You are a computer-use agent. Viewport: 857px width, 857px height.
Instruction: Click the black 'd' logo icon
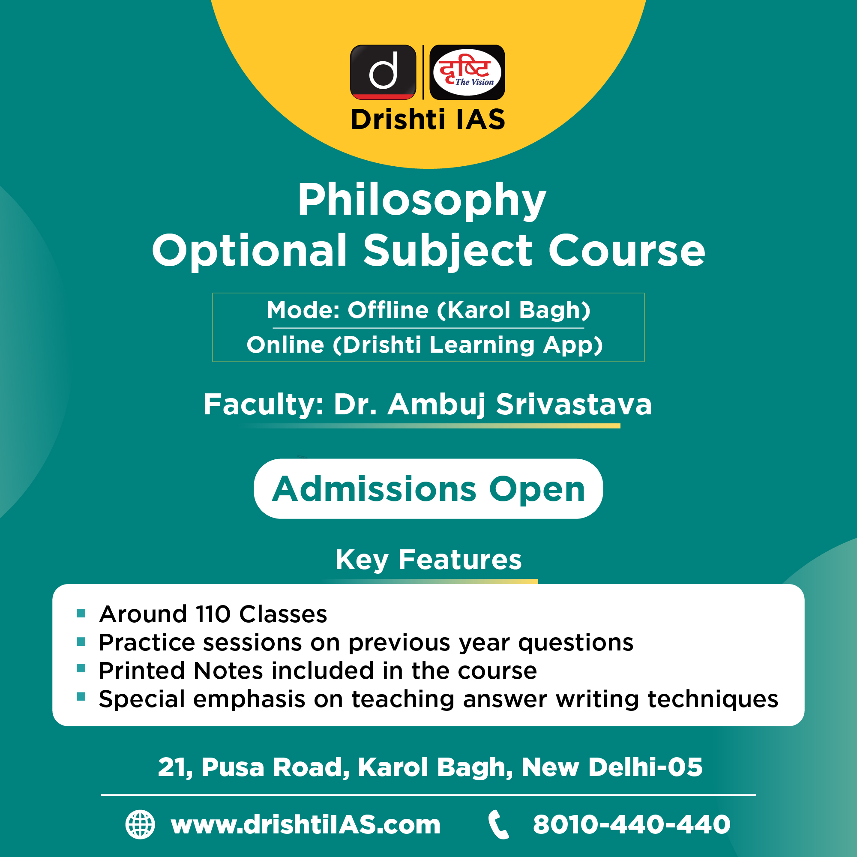[x=383, y=72]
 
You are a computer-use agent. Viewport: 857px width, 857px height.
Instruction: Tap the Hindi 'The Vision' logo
[x=467, y=72]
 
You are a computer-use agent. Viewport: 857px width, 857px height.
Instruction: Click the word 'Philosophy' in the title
[x=421, y=200]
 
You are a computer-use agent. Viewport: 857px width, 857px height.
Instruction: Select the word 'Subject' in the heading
[x=448, y=251]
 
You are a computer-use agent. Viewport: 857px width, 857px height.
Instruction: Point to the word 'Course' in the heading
[x=626, y=251]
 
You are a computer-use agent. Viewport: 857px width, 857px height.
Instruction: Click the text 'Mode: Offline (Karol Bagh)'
[x=428, y=310]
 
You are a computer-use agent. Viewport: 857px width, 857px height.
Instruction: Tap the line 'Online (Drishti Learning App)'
[x=425, y=345]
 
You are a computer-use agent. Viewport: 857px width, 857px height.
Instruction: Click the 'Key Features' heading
[x=428, y=560]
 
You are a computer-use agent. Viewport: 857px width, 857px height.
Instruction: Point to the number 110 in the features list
[x=213, y=614]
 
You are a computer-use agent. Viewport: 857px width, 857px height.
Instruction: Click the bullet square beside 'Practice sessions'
[x=81, y=642]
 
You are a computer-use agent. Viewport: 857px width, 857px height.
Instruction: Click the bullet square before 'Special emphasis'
[x=81, y=696]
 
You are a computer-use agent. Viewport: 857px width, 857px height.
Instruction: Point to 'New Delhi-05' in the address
[x=612, y=767]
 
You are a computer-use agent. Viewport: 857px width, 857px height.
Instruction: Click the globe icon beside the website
[x=140, y=824]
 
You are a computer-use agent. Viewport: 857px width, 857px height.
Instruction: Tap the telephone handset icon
[x=499, y=824]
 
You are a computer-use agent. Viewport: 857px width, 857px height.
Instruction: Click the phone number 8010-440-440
[x=632, y=824]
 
